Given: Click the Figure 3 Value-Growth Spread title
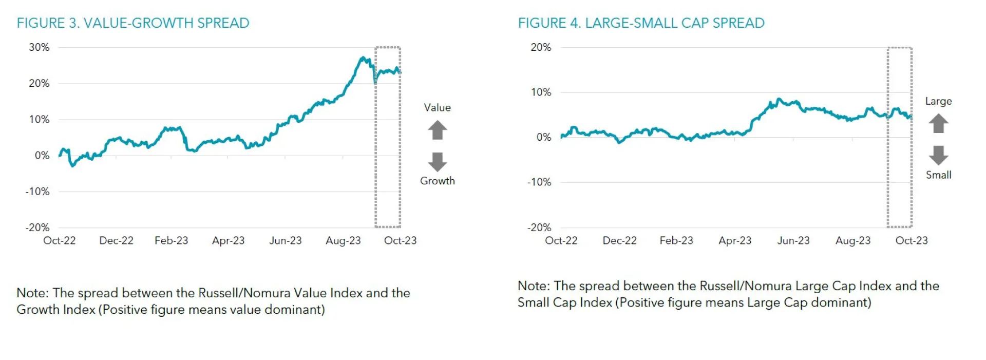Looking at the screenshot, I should (x=132, y=23).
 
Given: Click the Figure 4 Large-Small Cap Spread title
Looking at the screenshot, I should (x=641, y=23).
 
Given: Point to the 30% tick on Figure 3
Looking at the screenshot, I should (x=39, y=47).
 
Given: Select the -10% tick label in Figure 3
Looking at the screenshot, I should (x=37, y=192).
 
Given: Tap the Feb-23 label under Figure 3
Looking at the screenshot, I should (x=171, y=240).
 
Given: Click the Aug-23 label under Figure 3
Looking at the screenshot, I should (x=343, y=240).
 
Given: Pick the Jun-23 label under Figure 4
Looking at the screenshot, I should (x=793, y=240).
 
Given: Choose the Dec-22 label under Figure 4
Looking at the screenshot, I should (x=619, y=240).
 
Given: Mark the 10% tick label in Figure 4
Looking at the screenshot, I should (x=541, y=92).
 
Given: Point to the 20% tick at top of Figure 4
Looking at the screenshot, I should (x=541, y=47).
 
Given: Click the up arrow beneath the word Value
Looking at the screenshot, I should (x=438, y=130).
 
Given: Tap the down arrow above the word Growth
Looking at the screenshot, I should (x=438, y=161).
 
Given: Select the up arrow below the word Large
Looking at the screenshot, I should (x=938, y=123).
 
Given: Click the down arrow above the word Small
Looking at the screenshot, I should (x=938, y=155).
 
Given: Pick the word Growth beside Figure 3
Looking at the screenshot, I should (x=438, y=181).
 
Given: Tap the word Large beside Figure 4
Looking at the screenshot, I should (x=938, y=101).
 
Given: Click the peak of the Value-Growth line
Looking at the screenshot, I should (x=363, y=58).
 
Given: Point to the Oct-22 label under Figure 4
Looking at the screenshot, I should (x=561, y=240).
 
